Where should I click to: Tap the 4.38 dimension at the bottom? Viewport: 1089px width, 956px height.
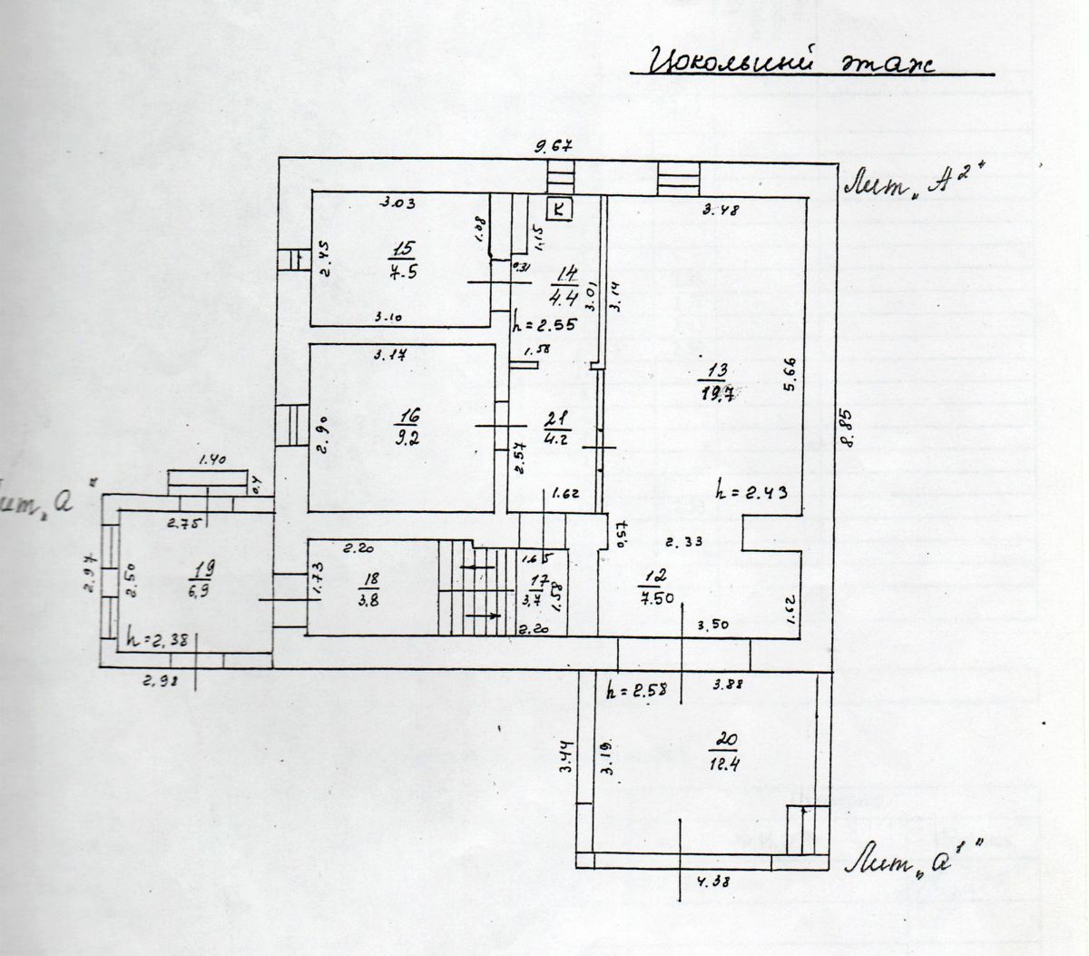pos(712,879)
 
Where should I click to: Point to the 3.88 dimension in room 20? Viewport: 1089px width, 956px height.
pos(729,685)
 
